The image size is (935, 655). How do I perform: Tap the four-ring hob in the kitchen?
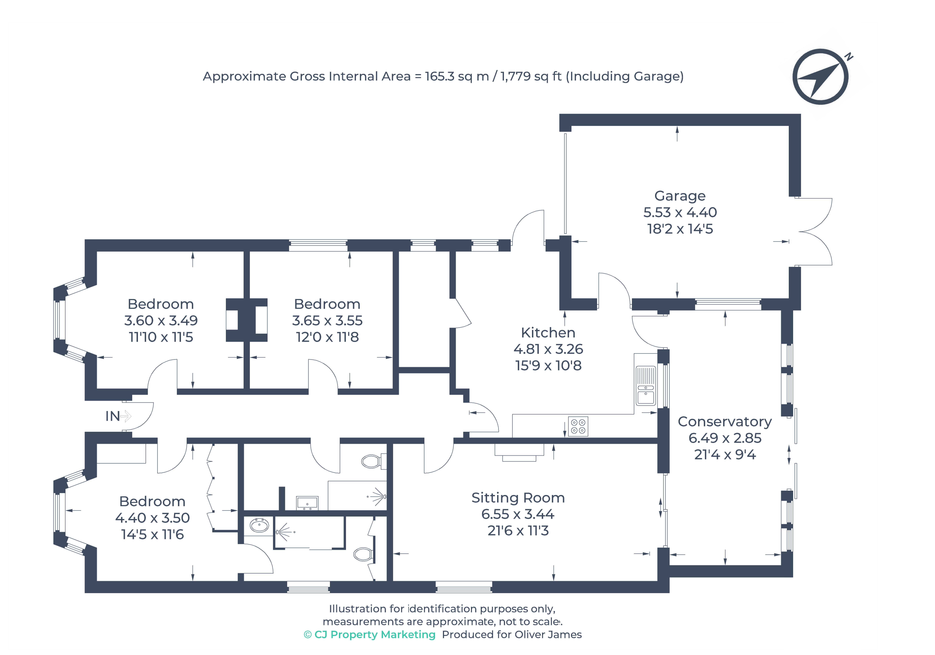pyautogui.click(x=578, y=426)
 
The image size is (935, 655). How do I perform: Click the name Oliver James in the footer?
pyautogui.click(x=548, y=635)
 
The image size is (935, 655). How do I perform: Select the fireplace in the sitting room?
pyautogui.click(x=519, y=452)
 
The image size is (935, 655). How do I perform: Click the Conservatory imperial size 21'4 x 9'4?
pyautogui.click(x=725, y=454)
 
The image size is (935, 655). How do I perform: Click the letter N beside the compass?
pyautogui.click(x=849, y=57)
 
